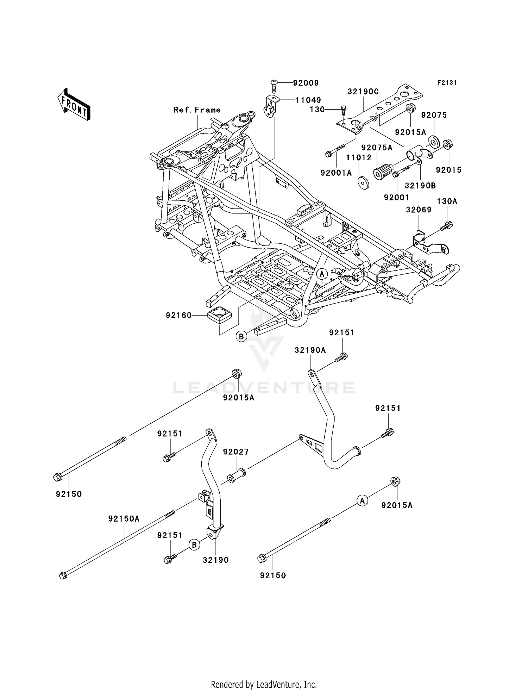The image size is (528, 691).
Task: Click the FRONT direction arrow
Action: pyautogui.click(x=74, y=105)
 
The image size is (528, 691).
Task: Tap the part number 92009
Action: pyautogui.click(x=306, y=83)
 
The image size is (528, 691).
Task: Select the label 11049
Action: pyautogui.click(x=308, y=100)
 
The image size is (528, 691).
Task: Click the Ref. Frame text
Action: pyautogui.click(x=197, y=110)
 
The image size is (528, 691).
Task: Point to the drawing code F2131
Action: pyautogui.click(x=447, y=83)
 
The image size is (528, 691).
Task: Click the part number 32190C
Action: pyautogui.click(x=363, y=92)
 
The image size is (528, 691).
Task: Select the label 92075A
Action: pyautogui.click(x=377, y=148)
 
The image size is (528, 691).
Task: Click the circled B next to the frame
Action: pyautogui.click(x=241, y=337)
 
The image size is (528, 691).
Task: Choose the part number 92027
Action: pyautogui.click(x=236, y=452)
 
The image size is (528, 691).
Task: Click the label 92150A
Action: pyautogui.click(x=124, y=519)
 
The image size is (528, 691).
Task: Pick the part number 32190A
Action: pyautogui.click(x=310, y=350)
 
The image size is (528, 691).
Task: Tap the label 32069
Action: pyautogui.click(x=419, y=210)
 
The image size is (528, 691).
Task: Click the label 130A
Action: pyautogui.click(x=447, y=201)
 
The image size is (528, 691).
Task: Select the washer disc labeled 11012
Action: pyautogui.click(x=363, y=184)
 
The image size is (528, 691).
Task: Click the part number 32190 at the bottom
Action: pyautogui.click(x=215, y=560)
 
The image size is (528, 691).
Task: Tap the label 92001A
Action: pyautogui.click(x=336, y=173)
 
